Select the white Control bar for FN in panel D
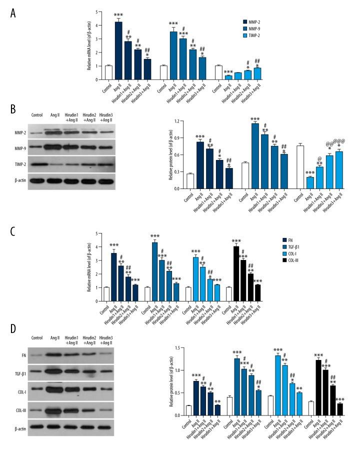click(188, 410)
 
